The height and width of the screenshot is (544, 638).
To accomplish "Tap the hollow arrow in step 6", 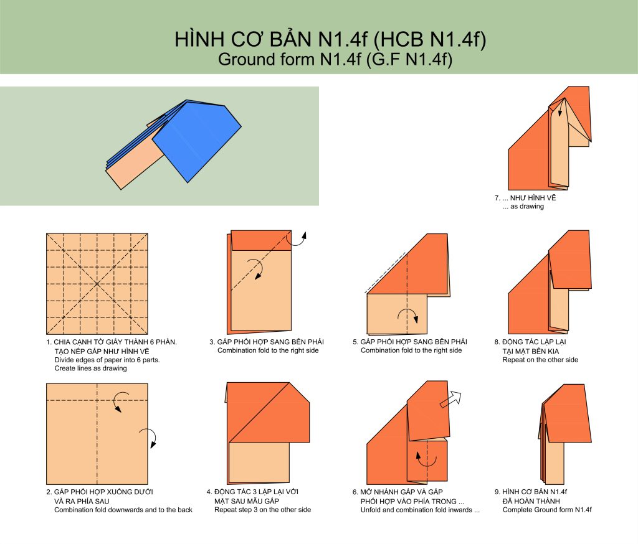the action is [x=451, y=399].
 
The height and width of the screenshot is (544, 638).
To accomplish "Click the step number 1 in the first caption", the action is [x=49, y=342].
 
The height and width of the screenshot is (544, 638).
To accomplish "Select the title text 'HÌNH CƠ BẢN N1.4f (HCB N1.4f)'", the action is [x=330, y=39].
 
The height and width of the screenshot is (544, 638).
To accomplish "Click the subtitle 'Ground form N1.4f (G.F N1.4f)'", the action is [x=335, y=59].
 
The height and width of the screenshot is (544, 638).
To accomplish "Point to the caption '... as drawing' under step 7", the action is [x=523, y=207].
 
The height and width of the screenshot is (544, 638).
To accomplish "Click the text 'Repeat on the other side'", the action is [x=540, y=360].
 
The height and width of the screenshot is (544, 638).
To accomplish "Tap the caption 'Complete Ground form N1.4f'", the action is [x=547, y=510].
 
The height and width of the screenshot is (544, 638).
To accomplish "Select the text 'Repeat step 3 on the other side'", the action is [x=263, y=510].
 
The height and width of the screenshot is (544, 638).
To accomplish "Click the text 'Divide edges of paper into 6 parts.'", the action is [x=107, y=360].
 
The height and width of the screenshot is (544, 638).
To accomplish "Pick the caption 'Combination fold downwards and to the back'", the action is [x=123, y=510].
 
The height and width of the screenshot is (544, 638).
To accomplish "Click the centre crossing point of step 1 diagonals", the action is [x=97, y=284].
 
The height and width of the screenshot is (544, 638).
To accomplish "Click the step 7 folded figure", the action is [x=550, y=138].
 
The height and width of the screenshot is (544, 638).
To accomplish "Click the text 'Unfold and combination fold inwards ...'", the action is [x=421, y=510].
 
